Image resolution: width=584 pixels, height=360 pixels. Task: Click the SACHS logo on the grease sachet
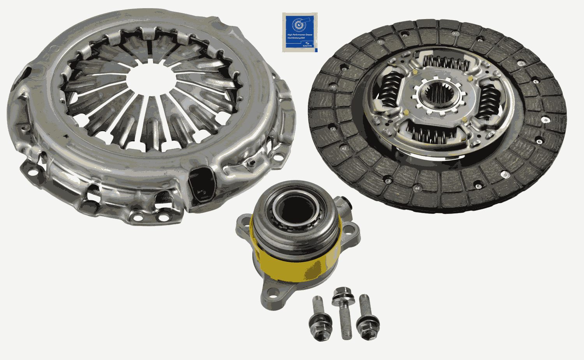tap(307, 44)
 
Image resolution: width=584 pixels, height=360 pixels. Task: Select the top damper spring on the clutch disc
tap(446, 62)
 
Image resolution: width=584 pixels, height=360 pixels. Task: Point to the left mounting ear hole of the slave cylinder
tap(243, 225)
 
